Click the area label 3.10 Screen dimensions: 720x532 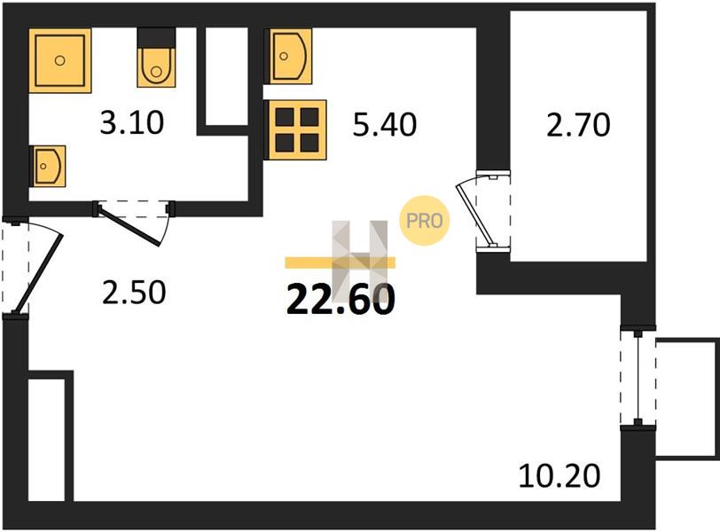coord(132,124)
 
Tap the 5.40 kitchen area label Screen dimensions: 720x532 coord(384,125)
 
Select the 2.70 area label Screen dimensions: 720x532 coord(578,126)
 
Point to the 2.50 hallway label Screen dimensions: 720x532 coord(134,293)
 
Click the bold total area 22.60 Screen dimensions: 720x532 coord(340,300)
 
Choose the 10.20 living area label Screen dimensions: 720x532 coord(560,476)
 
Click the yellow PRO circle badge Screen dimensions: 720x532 coord(424,221)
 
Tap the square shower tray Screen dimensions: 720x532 coord(60,60)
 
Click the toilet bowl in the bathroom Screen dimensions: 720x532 coord(156,66)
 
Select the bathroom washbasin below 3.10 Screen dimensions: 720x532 coord(48,166)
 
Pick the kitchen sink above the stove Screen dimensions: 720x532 coord(290,56)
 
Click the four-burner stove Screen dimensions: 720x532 coord(297,130)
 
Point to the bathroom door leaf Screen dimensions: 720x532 coord(130,226)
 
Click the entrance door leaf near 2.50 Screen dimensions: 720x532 coord(39,274)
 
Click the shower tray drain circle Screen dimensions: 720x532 coord(59,60)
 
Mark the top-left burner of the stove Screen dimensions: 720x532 coord(285,118)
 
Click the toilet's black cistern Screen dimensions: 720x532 coord(157,36)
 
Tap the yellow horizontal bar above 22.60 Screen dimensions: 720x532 coord(340,262)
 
